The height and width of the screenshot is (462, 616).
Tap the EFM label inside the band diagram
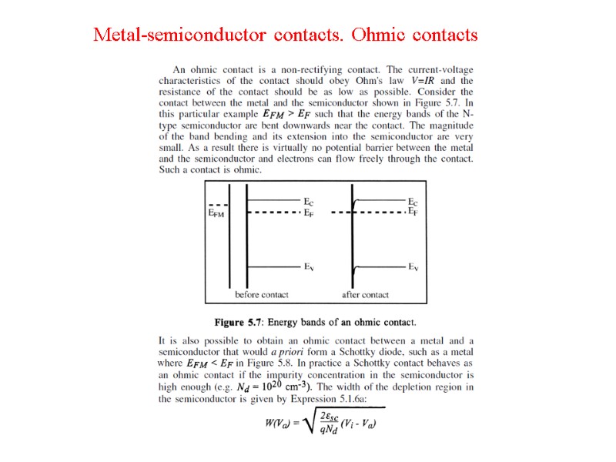coord(217,216)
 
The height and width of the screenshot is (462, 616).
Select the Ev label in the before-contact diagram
coord(308,266)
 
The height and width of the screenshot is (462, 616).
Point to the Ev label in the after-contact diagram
coord(413,266)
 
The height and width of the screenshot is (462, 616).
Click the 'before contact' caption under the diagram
coord(262,295)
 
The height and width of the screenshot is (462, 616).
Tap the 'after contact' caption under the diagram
coord(365,295)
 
